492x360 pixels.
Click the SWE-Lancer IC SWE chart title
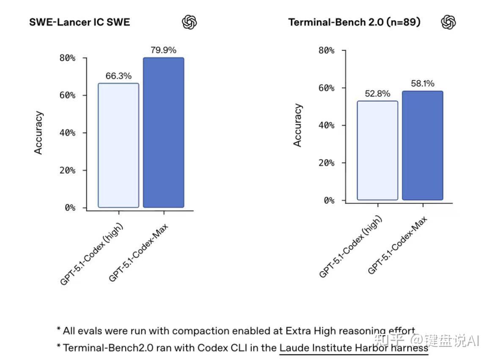(80, 22)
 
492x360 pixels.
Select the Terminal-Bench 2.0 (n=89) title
(354, 22)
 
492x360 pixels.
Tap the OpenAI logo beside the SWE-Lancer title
(189, 22)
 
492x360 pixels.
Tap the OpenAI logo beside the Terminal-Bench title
(448, 22)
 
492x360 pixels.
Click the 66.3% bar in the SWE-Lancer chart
(118, 146)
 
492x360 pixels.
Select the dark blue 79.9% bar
(163, 132)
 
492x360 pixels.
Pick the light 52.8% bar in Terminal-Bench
(377, 150)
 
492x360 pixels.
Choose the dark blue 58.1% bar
(423, 146)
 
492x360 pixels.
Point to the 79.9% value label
(163, 50)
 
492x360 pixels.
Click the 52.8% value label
(377, 93)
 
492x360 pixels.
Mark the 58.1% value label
(423, 83)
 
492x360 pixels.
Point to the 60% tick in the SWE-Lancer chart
(67, 95)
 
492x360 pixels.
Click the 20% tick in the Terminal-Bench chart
(326, 163)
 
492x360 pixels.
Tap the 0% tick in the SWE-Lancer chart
(70, 207)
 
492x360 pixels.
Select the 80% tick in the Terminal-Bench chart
(326, 50)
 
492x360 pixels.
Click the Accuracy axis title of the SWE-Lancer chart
(38, 132)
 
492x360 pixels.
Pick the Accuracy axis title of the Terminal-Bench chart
(297, 125)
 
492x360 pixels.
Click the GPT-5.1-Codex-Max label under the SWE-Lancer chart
(138, 253)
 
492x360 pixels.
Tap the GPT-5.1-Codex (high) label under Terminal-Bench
(350, 247)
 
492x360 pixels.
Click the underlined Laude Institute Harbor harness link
(354, 348)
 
